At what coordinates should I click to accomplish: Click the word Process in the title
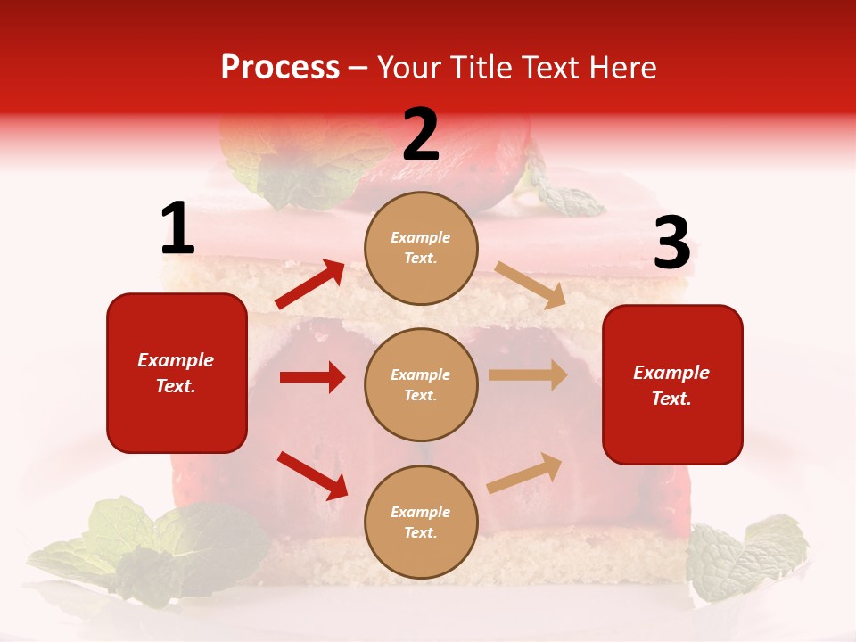click(280, 68)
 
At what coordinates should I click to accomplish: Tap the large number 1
click(177, 229)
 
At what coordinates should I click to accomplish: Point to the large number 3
click(671, 243)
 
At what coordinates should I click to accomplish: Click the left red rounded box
click(177, 373)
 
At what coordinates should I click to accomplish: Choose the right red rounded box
click(672, 384)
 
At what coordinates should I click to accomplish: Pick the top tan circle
click(421, 248)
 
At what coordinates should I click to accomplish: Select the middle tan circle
click(421, 384)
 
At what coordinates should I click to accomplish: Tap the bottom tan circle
click(421, 522)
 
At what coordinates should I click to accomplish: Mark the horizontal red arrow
click(312, 377)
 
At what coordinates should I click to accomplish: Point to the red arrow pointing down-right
click(312, 475)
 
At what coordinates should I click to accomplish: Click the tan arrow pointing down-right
click(530, 284)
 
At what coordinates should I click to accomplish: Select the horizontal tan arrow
click(528, 375)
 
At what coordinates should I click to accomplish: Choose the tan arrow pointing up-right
click(525, 473)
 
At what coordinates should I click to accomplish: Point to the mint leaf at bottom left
click(152, 544)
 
